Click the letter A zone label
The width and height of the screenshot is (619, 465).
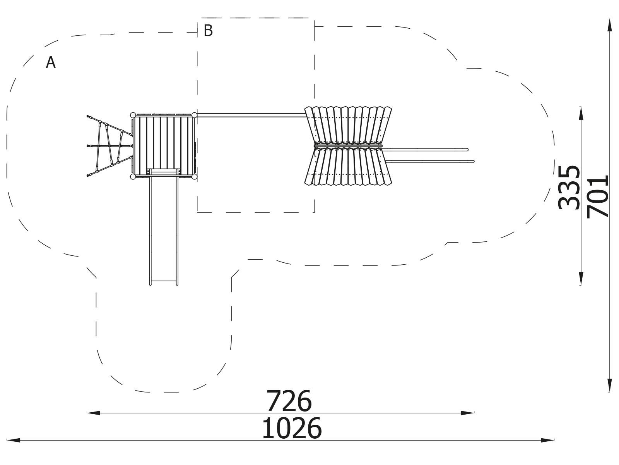51,62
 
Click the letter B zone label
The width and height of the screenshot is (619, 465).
208,31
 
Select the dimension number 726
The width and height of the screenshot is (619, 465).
289,401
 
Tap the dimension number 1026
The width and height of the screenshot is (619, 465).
292,429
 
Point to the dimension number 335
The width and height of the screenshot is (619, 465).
569,188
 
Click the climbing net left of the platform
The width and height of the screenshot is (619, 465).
110,146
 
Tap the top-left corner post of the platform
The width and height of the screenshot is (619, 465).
133,115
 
